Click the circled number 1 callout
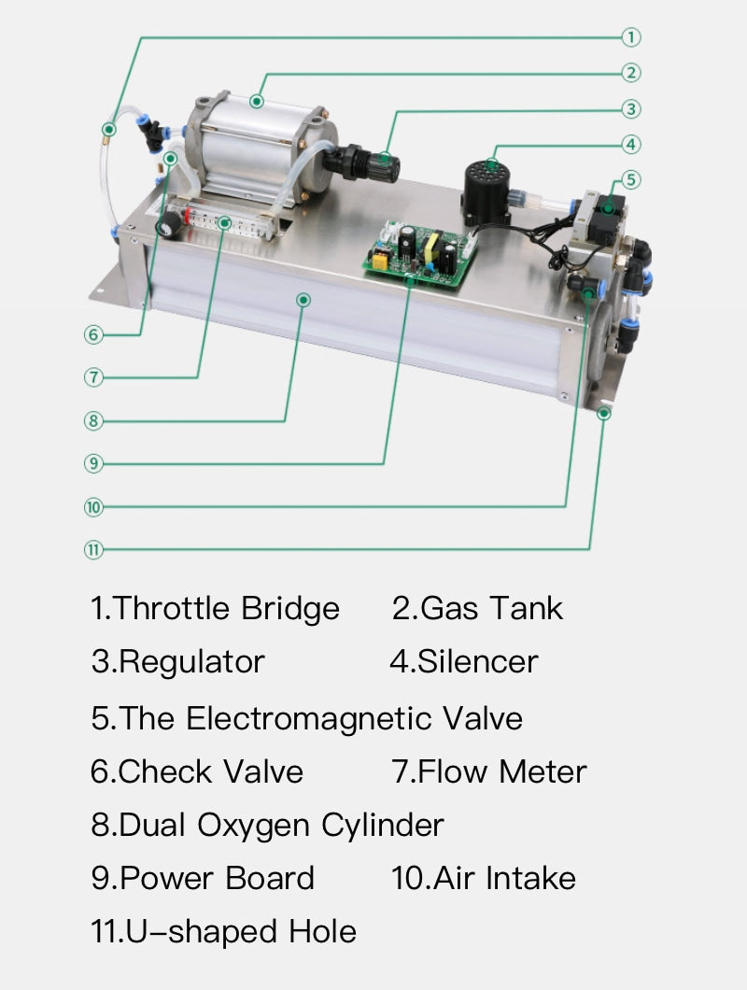tap(631, 37)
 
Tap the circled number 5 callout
tap(631, 179)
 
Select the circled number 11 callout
tap(92, 549)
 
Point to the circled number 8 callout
tap(92, 420)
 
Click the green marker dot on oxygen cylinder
tap(303, 299)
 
